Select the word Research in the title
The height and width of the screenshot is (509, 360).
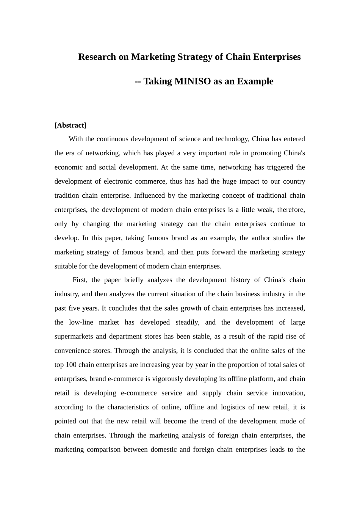point(97,57)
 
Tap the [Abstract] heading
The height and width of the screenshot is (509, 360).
point(70,125)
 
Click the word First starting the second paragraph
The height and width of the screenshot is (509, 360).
point(80,280)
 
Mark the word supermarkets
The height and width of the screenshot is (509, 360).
point(74,336)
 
